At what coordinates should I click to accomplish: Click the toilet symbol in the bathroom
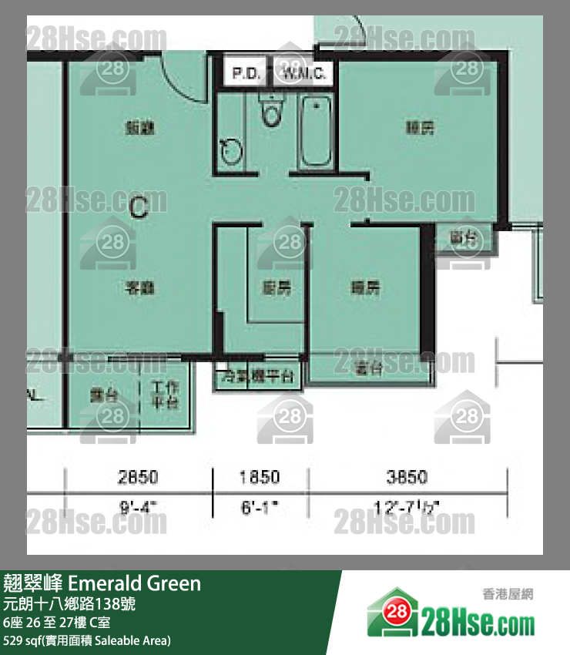(270, 112)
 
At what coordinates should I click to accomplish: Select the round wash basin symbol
(229, 150)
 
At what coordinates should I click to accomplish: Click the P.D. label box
(246, 74)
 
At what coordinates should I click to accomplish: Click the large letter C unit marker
(139, 207)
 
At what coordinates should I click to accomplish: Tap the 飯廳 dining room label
(139, 129)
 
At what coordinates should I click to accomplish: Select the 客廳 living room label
(139, 289)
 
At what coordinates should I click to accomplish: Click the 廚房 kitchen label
(277, 289)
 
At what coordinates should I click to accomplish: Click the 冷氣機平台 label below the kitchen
(257, 377)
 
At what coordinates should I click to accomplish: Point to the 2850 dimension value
(138, 477)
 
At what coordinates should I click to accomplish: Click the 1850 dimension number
(260, 477)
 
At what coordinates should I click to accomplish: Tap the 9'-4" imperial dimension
(138, 507)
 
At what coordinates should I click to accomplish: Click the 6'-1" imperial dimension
(260, 507)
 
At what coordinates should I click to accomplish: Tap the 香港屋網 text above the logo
(508, 594)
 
